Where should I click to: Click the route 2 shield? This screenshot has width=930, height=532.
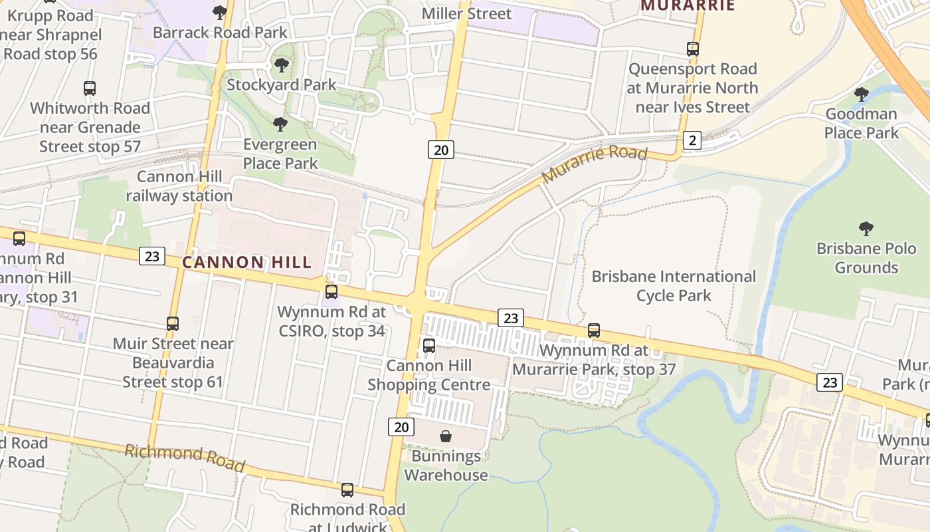pyautogui.click(x=692, y=140)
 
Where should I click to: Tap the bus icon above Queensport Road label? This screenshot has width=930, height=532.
pyautogui.click(x=693, y=49)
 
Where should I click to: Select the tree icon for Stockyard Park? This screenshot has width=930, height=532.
pyautogui.click(x=282, y=65)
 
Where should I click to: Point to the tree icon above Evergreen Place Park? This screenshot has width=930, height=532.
pyautogui.click(x=280, y=124)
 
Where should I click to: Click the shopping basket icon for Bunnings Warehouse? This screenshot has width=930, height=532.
pyautogui.click(x=446, y=436)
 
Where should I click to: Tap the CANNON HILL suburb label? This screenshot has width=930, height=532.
pyautogui.click(x=247, y=262)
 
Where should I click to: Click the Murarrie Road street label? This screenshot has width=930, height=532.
pyautogui.click(x=594, y=164)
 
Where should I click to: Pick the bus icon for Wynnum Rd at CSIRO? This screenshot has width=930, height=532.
pyautogui.click(x=331, y=291)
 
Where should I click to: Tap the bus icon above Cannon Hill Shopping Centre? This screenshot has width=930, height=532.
pyautogui.click(x=429, y=345)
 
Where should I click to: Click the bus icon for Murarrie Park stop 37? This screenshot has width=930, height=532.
pyautogui.click(x=594, y=330)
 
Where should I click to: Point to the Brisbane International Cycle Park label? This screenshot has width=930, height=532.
pyautogui.click(x=674, y=285)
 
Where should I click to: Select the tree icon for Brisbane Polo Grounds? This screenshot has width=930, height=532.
pyautogui.click(x=866, y=229)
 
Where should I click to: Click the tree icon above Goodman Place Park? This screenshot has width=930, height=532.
pyautogui.click(x=862, y=94)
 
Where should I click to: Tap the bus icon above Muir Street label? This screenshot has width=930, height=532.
pyautogui.click(x=173, y=323)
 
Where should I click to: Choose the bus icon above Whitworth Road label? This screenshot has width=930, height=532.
pyautogui.click(x=90, y=88)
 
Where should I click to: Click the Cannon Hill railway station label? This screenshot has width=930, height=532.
pyautogui.click(x=179, y=186)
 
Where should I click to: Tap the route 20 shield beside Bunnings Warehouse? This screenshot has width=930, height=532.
pyautogui.click(x=401, y=427)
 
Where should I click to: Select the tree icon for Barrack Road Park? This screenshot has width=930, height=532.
pyautogui.click(x=220, y=12)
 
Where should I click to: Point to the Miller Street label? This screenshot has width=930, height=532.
pyautogui.click(x=467, y=13)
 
